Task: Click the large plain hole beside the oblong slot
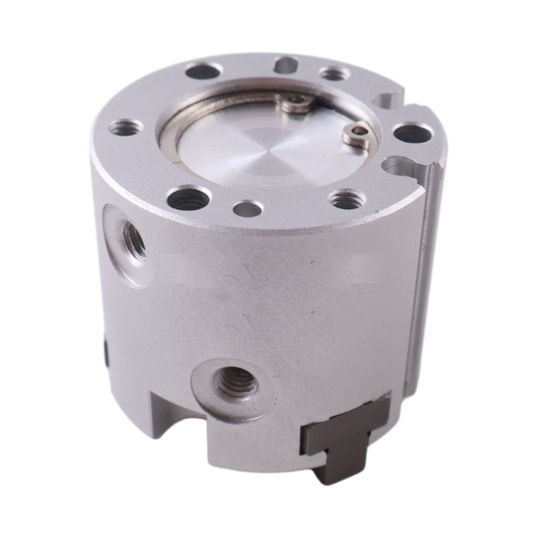click(x=205, y=69)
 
